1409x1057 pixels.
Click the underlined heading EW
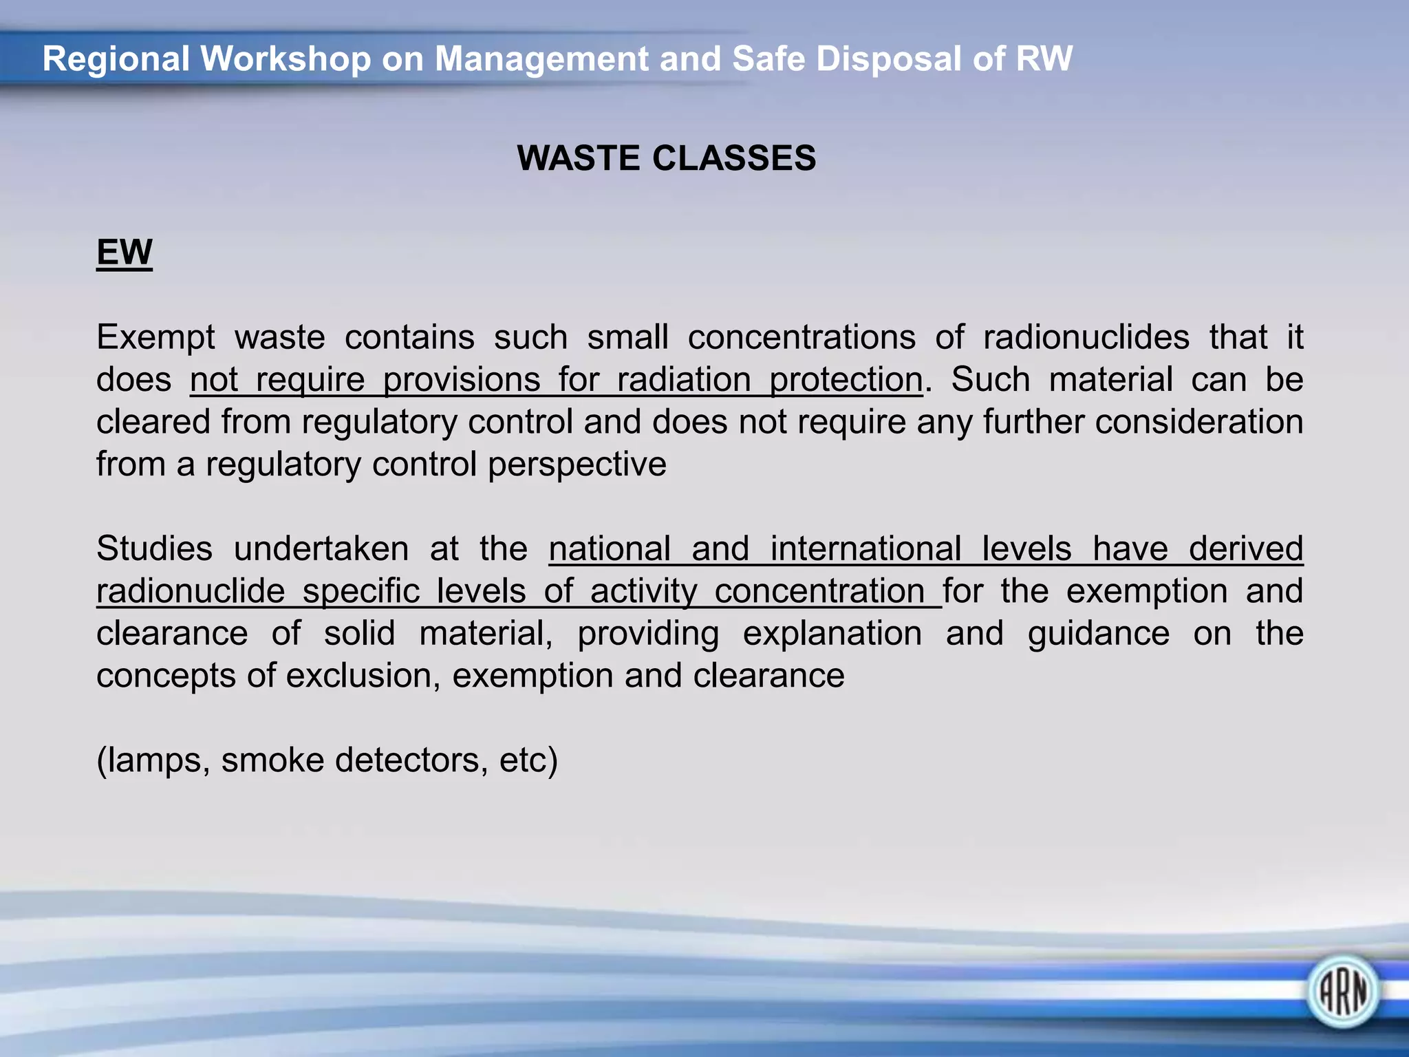[124, 252]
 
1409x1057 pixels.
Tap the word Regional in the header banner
[116, 58]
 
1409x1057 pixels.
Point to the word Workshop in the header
[286, 58]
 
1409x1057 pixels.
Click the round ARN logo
[1342, 992]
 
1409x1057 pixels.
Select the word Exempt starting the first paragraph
[155, 338]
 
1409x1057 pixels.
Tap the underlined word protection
[846, 381]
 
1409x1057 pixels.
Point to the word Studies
[155, 549]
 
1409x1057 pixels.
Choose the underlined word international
[865, 549]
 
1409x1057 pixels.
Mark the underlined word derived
[1246, 549]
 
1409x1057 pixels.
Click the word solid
[360, 634]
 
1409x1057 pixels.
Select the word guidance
[1098, 634]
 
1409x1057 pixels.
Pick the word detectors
[406, 760]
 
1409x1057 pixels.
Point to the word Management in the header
[541, 58]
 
